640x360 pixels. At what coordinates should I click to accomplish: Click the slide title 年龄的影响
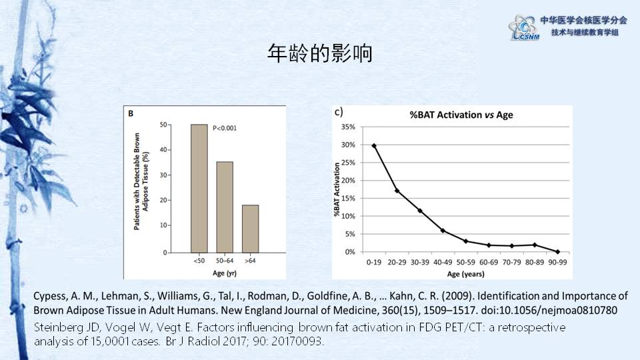click(319, 54)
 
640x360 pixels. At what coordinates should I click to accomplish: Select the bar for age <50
click(199, 189)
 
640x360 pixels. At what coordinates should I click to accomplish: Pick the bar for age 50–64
click(225, 207)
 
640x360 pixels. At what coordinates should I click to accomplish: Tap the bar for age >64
click(250, 229)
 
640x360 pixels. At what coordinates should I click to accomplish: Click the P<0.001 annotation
click(224, 127)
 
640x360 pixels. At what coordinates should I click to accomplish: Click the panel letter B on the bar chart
click(131, 114)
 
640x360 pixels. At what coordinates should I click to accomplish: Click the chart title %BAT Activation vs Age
click(461, 115)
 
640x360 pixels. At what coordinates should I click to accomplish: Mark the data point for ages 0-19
click(374, 145)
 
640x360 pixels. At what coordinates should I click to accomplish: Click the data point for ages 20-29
click(397, 191)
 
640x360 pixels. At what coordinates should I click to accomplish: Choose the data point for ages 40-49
click(443, 231)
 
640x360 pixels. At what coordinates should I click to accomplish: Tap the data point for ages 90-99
click(557, 251)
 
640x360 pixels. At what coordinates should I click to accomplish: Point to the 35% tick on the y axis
click(348, 127)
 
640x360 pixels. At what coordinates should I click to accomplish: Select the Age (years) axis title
click(466, 274)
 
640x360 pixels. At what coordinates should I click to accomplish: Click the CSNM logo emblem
click(523, 27)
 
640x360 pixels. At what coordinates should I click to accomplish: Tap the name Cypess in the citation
click(49, 296)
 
